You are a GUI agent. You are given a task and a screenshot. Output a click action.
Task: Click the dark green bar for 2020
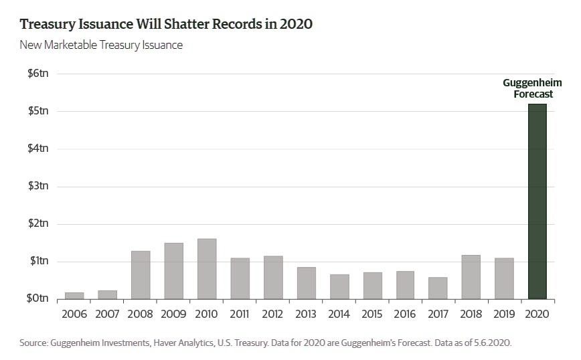pos(537,201)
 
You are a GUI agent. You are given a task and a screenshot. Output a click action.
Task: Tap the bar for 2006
pos(74,295)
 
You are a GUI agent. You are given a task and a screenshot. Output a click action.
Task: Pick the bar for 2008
pos(141,275)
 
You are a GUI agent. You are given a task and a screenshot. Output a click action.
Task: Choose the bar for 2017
pos(438,288)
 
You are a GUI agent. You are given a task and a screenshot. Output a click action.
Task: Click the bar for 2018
pos(471,276)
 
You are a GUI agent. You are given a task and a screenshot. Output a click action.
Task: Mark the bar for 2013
pos(306,282)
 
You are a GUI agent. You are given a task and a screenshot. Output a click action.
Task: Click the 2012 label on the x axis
pos(272,314)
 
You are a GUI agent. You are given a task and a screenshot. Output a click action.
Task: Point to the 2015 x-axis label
pos(372,314)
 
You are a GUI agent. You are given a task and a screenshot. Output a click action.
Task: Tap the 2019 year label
pos(504,314)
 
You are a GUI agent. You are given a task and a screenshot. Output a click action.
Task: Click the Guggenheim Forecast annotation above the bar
pos(528,88)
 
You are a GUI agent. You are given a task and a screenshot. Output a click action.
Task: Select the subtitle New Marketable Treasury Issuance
pos(101,46)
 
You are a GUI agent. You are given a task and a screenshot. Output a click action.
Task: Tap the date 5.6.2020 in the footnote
pos(489,343)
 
